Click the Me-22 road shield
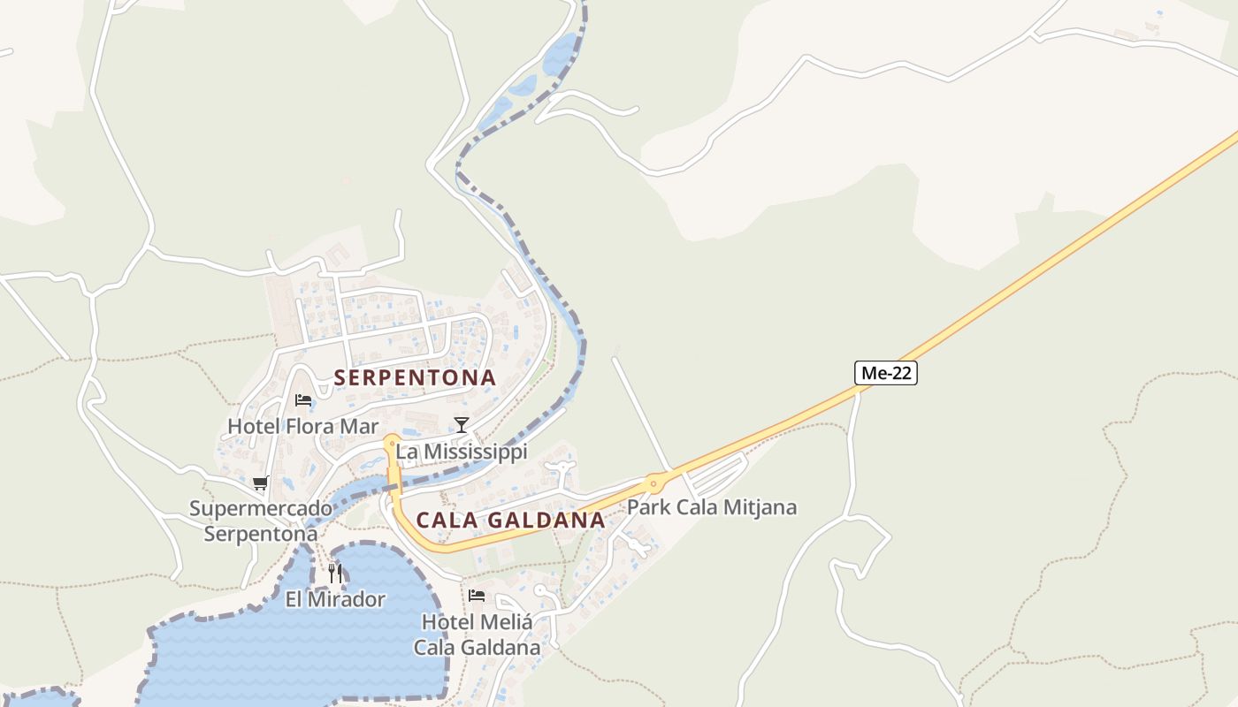point(886,373)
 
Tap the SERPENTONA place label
point(415,377)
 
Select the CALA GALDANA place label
point(510,521)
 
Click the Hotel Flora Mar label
point(302,427)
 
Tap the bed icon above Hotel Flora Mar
point(302,400)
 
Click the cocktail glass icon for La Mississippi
point(461,425)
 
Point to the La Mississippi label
point(461,452)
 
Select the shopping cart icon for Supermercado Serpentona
point(260,483)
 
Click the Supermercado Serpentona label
point(261,521)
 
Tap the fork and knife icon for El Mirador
point(334,573)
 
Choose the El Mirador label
point(335,600)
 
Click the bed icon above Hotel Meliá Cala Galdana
point(477,595)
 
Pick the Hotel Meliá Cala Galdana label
point(478,635)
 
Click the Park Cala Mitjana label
point(712,507)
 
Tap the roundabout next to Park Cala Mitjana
point(654,483)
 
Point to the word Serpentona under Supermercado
point(261,534)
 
